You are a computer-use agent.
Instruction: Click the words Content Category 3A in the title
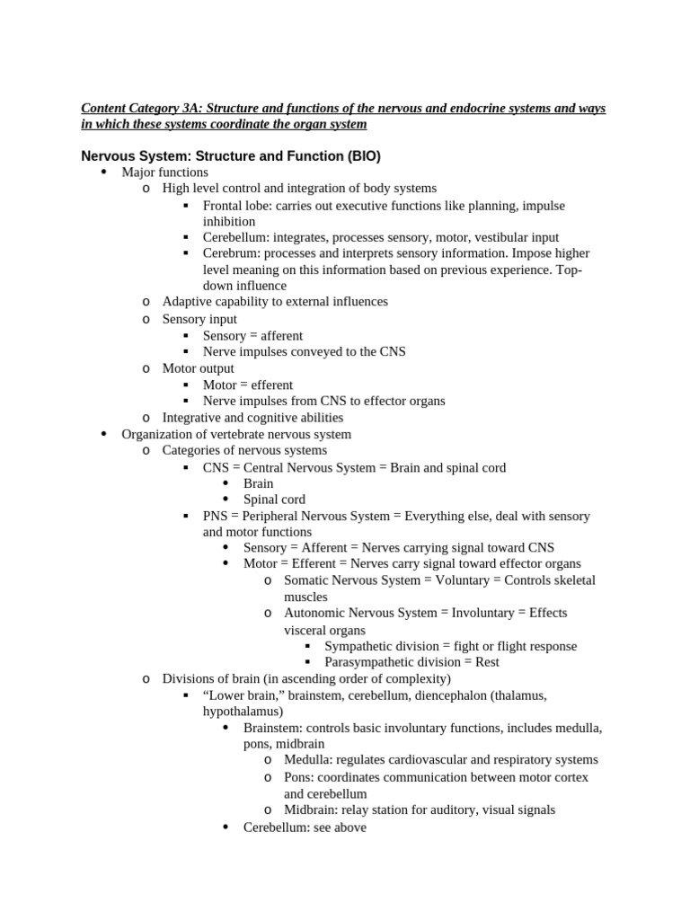(x=139, y=108)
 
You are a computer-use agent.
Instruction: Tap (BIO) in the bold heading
(x=363, y=155)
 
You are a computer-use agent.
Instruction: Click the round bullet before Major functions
(x=103, y=172)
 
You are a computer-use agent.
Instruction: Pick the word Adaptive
(x=186, y=302)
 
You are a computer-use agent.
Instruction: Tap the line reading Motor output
(x=198, y=368)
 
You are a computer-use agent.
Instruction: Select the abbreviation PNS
(x=216, y=516)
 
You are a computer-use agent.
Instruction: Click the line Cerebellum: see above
(x=305, y=827)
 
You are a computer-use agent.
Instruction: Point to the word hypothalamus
(x=240, y=711)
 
